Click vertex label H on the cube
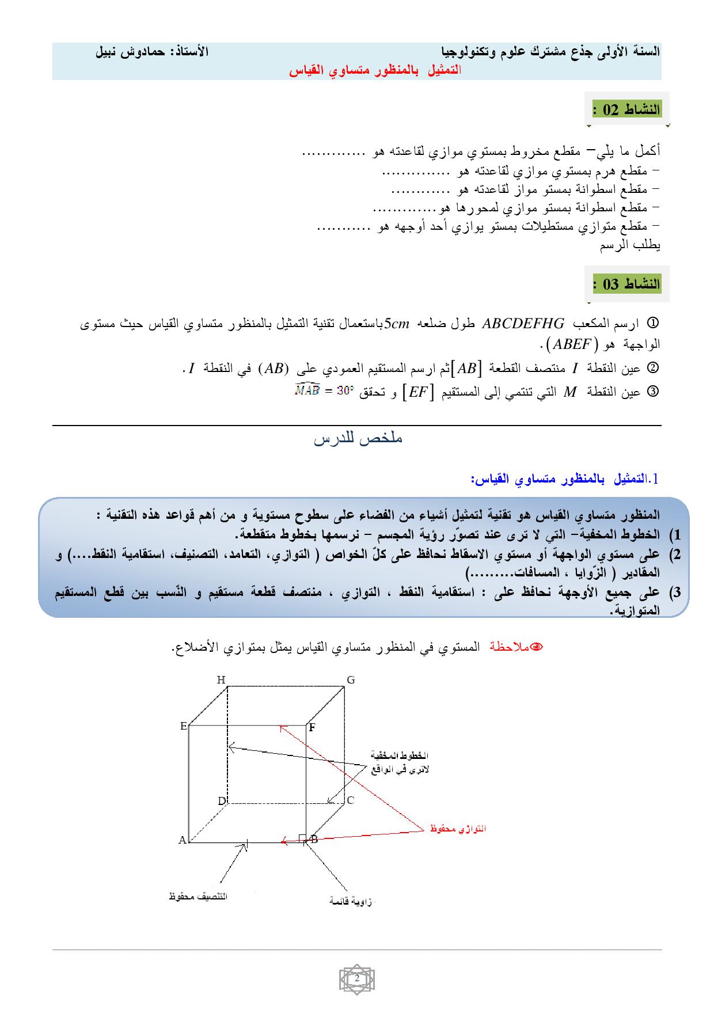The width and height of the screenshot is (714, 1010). (x=221, y=680)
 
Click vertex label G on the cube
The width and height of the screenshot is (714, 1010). (x=351, y=680)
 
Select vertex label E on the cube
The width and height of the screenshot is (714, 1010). (x=184, y=726)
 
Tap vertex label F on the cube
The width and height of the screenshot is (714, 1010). (x=312, y=727)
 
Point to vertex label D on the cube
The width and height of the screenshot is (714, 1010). (x=222, y=801)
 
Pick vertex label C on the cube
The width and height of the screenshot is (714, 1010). (x=350, y=800)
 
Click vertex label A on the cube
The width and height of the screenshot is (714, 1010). (x=183, y=840)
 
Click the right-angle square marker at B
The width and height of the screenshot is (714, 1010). (x=302, y=838)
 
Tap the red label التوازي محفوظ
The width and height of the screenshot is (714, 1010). (x=458, y=829)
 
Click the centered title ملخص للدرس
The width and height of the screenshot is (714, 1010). (x=358, y=439)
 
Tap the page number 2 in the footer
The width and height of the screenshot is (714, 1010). (x=357, y=979)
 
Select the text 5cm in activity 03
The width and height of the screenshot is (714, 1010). (x=396, y=324)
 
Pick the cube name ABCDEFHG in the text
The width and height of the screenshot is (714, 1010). (x=523, y=324)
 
